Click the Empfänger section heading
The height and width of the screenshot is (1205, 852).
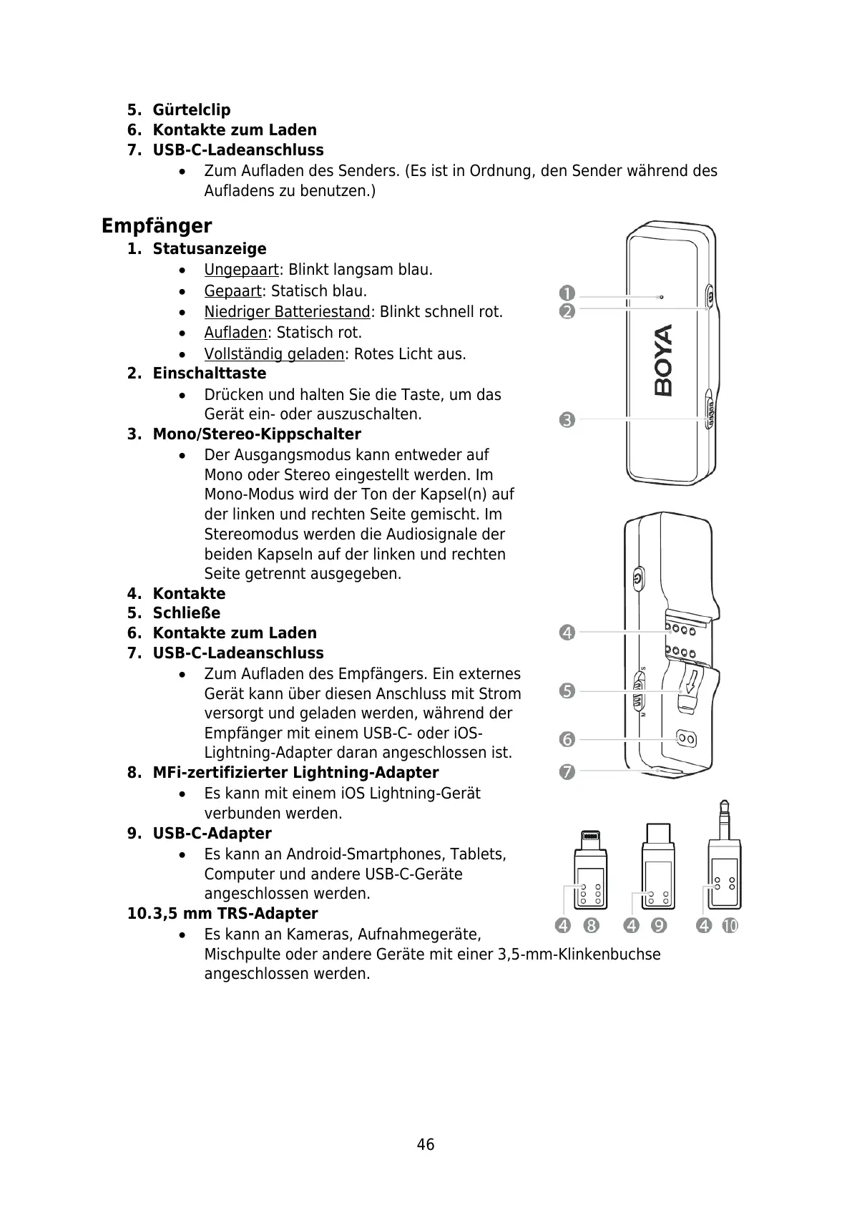[157, 226]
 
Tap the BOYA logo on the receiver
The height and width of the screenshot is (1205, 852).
[664, 360]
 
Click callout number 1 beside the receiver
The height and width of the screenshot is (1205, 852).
[567, 293]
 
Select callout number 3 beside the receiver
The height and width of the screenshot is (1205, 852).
[567, 420]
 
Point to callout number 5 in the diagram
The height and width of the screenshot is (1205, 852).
[567, 691]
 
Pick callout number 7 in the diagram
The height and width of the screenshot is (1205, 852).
[567, 771]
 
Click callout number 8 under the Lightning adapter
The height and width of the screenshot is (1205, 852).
[591, 926]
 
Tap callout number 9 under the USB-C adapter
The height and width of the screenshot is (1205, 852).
[659, 926]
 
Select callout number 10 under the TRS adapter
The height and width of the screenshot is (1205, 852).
[729, 926]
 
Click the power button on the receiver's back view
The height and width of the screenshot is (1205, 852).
[638, 577]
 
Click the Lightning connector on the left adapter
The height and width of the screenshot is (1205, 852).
[590, 838]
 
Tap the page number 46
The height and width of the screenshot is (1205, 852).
[426, 1145]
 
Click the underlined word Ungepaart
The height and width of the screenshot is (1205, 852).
[241, 270]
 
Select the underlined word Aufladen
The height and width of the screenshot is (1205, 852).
[235, 333]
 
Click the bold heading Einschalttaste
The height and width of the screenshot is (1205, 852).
[209, 374]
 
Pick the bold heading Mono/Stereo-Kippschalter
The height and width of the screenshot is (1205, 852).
[257, 434]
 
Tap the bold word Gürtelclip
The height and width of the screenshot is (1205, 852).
[192, 110]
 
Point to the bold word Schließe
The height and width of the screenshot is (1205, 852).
[187, 613]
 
